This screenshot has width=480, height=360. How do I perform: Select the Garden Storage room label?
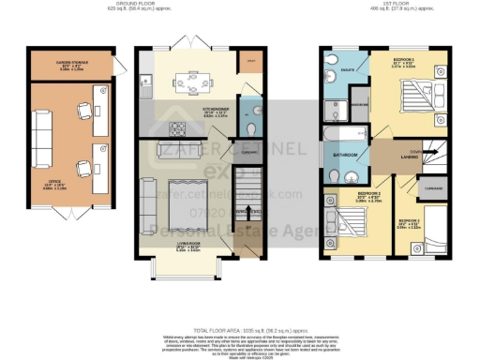(x=70, y=67)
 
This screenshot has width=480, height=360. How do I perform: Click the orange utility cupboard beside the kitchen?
(x=250, y=65)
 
